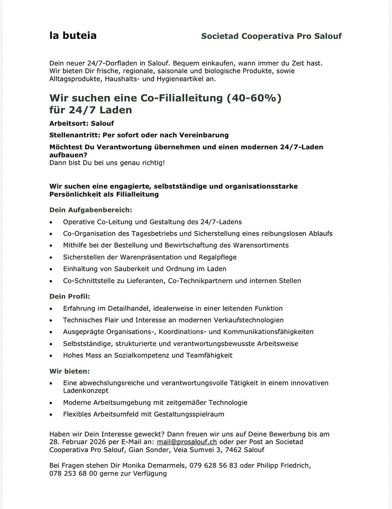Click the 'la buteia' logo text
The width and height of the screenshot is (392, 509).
[x=73, y=35]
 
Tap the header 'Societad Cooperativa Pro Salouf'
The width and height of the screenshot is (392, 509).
[x=271, y=36]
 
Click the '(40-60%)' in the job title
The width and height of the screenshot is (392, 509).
[x=254, y=98]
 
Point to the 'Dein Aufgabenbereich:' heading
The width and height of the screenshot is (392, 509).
[x=91, y=210]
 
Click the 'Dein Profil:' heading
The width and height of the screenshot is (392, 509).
[x=70, y=296]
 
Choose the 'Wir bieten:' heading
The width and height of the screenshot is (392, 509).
[x=69, y=371]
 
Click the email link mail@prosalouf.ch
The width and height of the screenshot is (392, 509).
[x=187, y=442]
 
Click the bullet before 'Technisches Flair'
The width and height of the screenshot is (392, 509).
[x=51, y=320]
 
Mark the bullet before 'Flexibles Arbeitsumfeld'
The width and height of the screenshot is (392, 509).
[x=51, y=415]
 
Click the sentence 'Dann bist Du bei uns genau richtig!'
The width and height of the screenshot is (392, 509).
[x=107, y=163]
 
